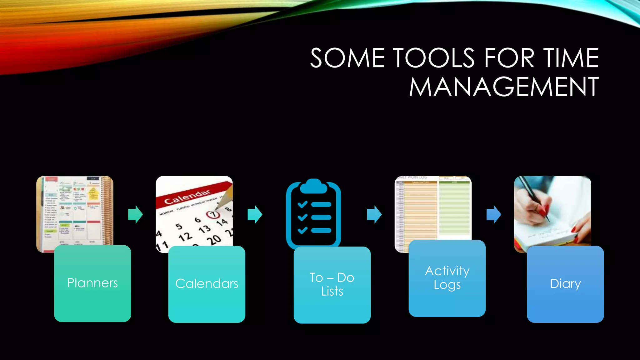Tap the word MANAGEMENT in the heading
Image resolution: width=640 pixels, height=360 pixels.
click(x=504, y=87)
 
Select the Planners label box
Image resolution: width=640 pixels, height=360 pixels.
click(x=92, y=283)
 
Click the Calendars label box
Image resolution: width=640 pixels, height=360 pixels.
click(x=207, y=284)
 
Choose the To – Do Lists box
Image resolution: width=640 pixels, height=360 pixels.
click(x=332, y=284)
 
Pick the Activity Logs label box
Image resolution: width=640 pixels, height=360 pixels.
click(x=447, y=278)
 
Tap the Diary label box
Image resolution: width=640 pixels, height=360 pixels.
click(x=565, y=284)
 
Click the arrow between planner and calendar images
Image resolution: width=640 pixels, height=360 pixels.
click(x=135, y=214)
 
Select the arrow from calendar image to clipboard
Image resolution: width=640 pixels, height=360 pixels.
click(x=255, y=214)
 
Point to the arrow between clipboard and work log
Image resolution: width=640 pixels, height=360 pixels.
click(x=374, y=214)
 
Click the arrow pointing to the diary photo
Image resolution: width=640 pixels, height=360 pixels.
click(x=494, y=214)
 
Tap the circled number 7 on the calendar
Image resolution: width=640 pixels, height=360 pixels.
click(x=212, y=214)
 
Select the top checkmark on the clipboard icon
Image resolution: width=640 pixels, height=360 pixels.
click(x=302, y=205)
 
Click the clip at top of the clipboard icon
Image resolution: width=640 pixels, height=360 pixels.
click(x=313, y=186)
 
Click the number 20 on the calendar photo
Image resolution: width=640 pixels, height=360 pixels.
click(x=214, y=240)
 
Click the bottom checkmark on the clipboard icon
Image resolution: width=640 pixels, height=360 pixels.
click(x=302, y=231)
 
